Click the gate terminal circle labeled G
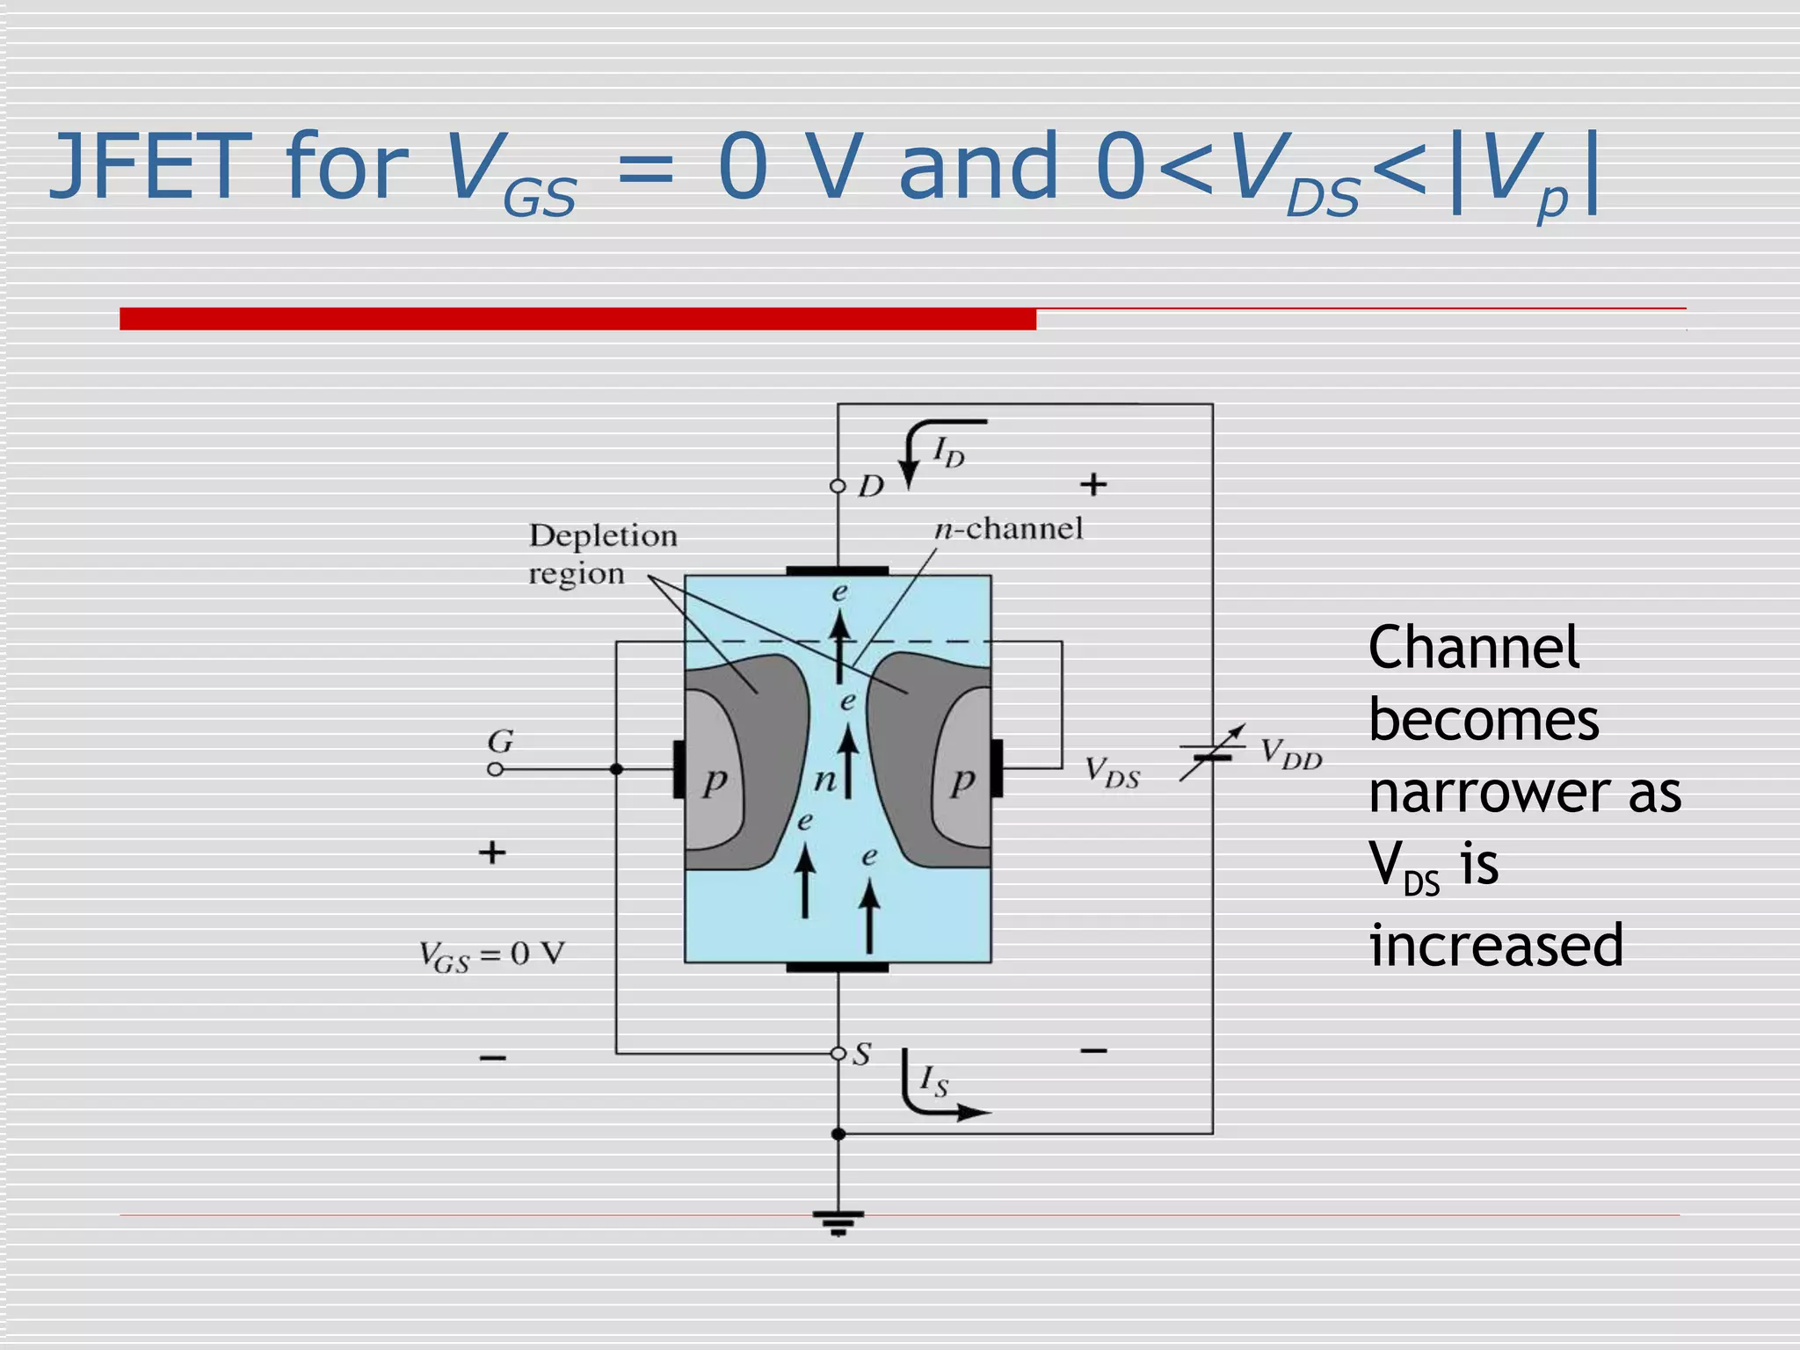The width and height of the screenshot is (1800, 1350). tap(496, 769)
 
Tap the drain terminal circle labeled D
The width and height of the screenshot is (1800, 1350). tap(838, 486)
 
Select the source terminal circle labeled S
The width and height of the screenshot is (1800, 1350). tap(838, 1053)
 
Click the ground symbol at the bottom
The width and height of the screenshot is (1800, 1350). tap(838, 1223)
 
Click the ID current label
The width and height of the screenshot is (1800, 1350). tap(948, 454)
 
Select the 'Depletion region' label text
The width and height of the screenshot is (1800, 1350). tap(602, 554)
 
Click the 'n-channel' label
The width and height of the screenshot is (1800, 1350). tap(1008, 528)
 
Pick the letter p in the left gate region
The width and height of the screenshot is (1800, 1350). tap(715, 780)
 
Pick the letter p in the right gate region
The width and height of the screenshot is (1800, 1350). tap(963, 780)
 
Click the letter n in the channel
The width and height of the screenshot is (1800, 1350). tap(824, 779)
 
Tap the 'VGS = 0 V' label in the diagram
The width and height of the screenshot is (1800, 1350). tap(491, 955)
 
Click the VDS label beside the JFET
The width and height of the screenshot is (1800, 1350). tap(1112, 773)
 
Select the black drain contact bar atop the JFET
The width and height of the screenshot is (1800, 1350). tap(837, 571)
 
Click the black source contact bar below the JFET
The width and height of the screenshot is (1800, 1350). tap(837, 967)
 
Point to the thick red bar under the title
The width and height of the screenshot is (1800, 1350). tap(577, 318)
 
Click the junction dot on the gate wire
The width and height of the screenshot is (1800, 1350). tap(616, 769)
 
